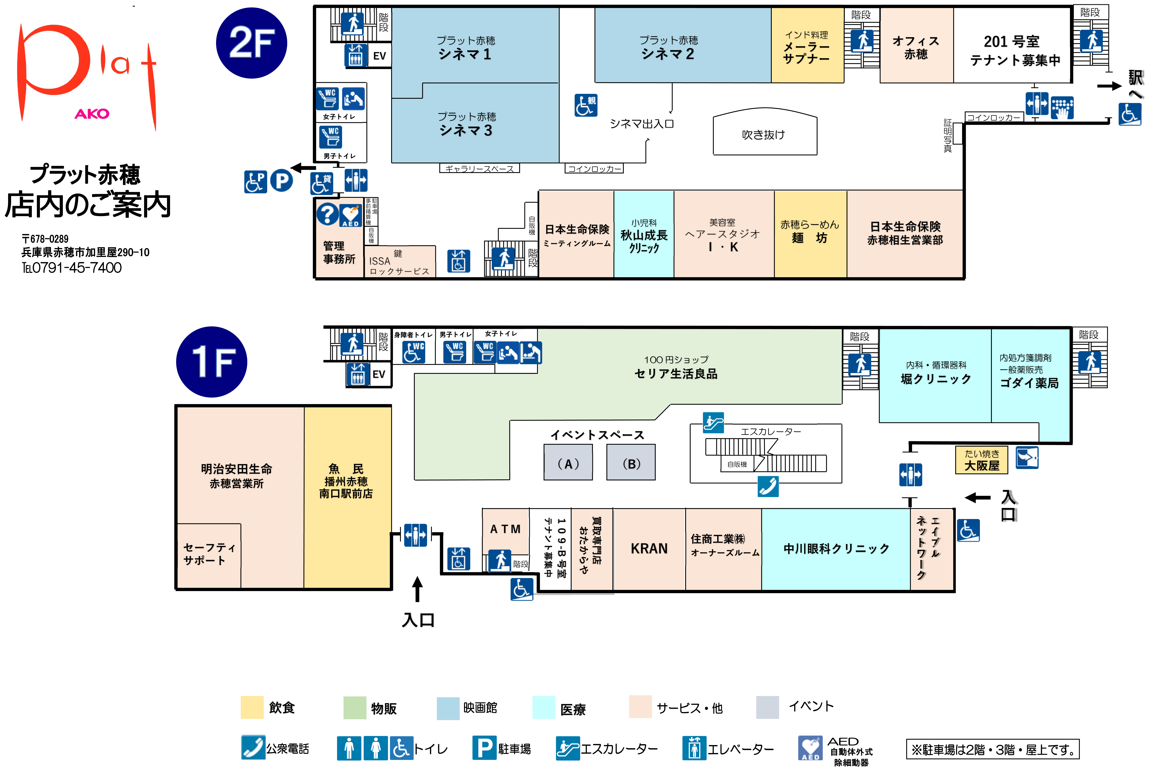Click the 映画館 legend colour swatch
pos(448,708)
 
